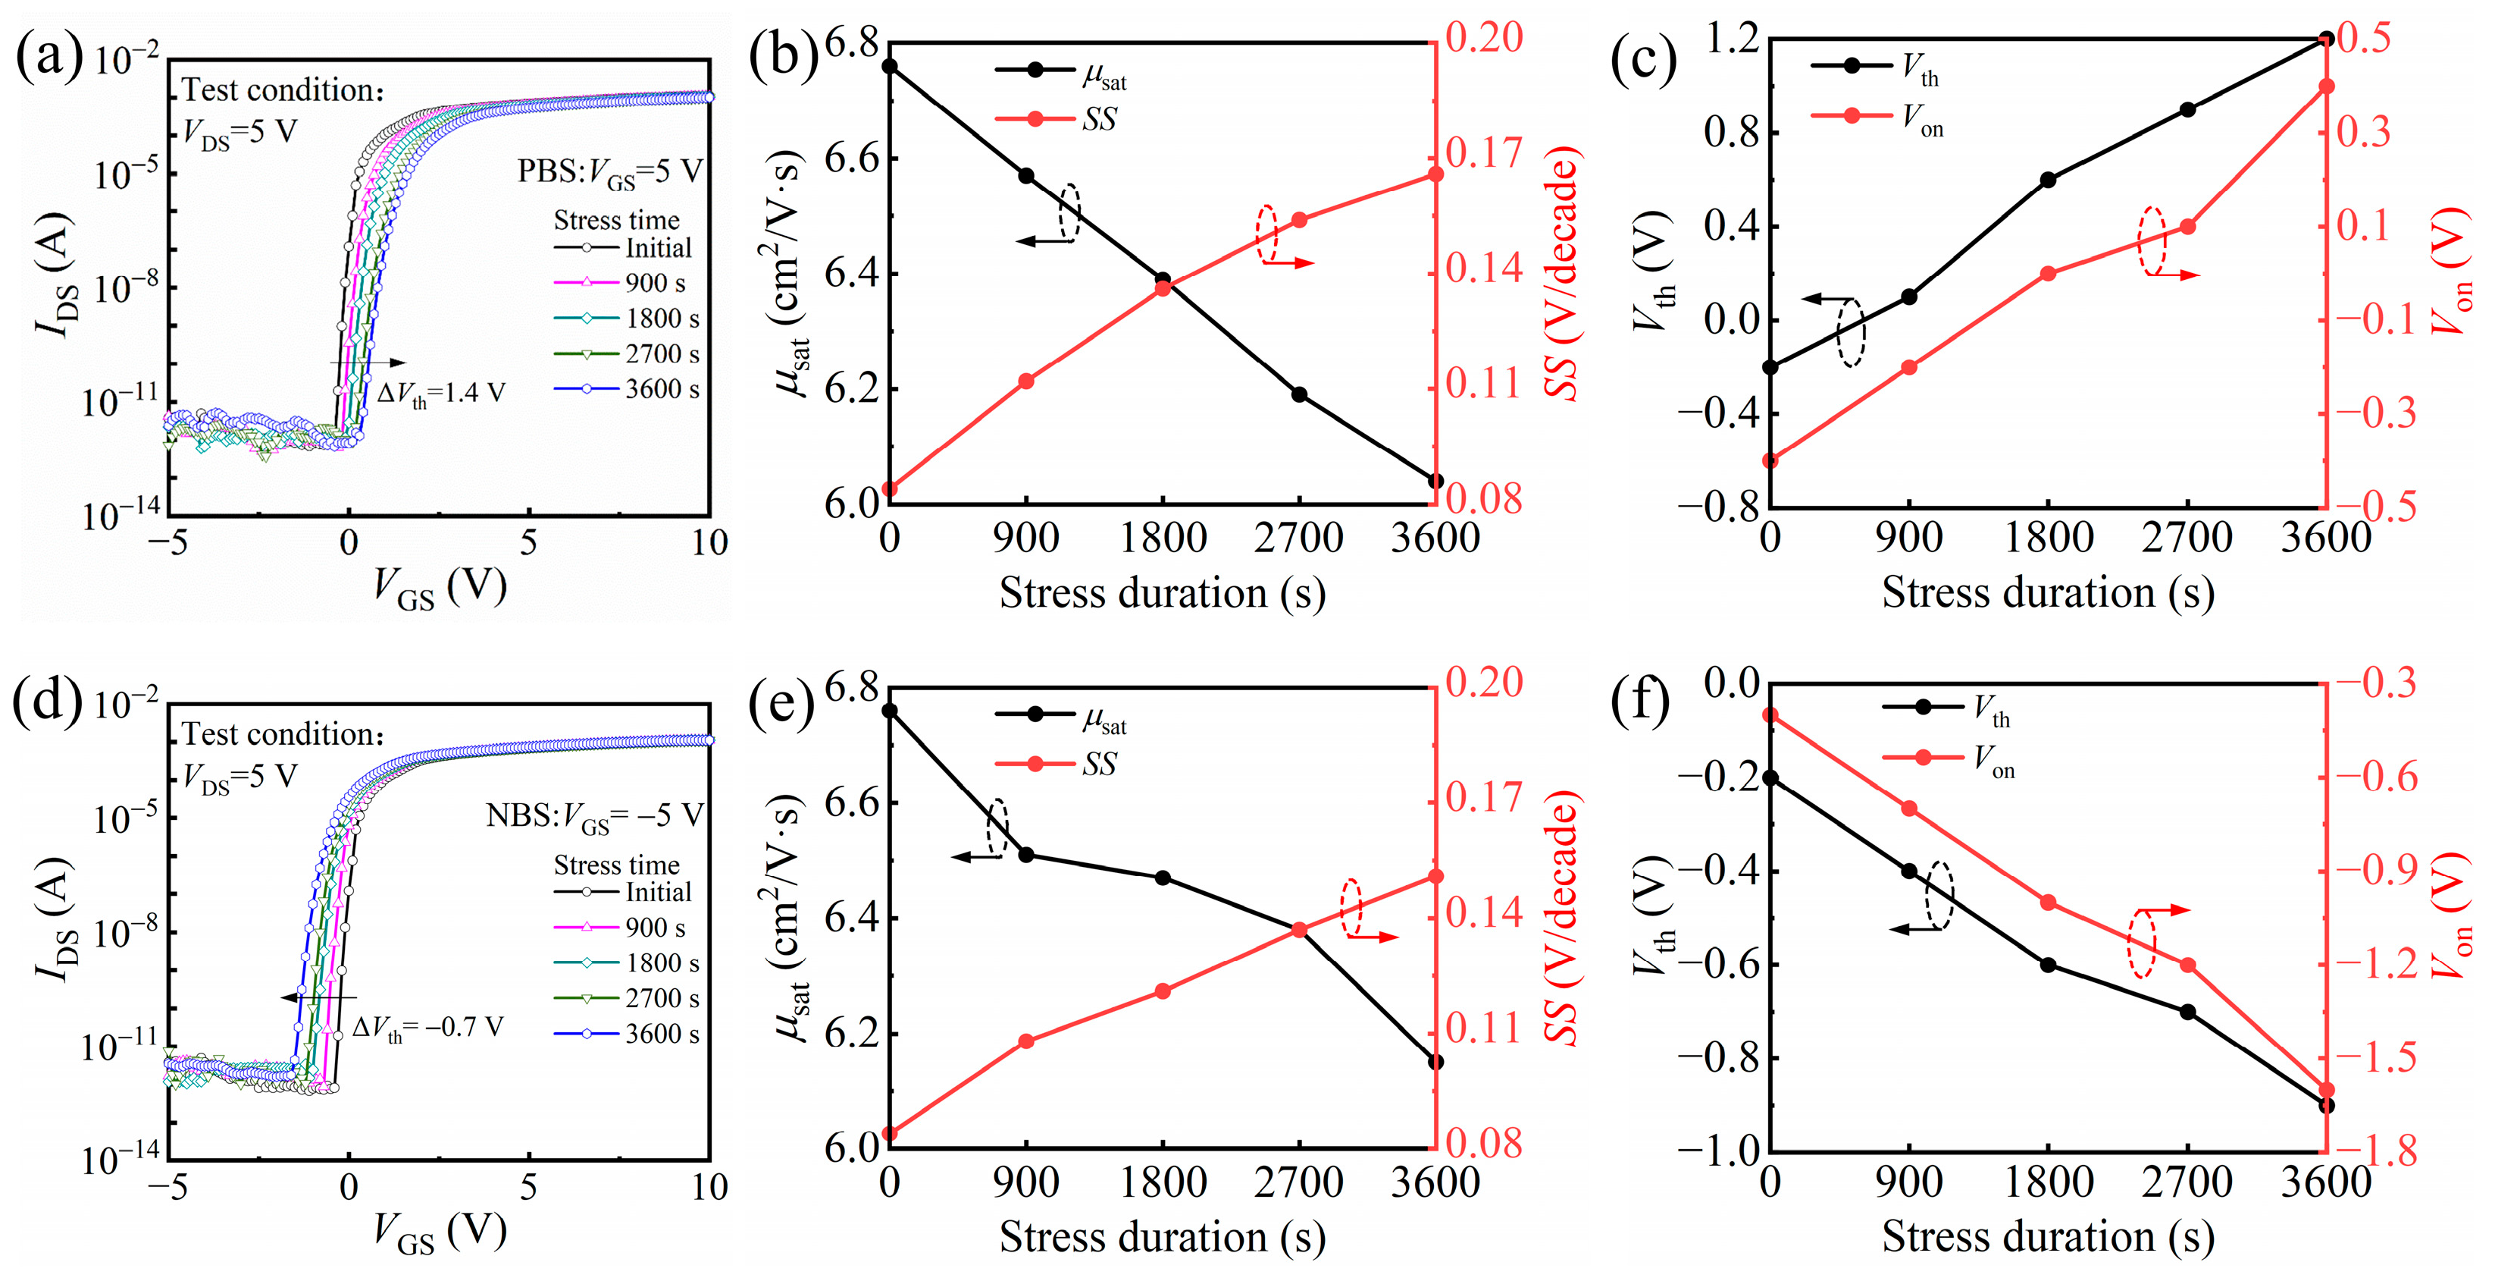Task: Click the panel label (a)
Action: pos(49,58)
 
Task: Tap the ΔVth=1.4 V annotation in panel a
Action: pos(440,392)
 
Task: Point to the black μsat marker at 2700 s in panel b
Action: pos(1299,394)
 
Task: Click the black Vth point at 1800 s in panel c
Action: pos(2049,179)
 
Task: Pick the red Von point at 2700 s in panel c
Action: pos(2187,227)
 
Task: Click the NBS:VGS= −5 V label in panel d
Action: pos(593,816)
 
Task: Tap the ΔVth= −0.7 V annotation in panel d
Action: pos(427,1027)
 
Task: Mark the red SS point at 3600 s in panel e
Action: pos(1435,877)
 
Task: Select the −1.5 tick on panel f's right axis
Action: pos(2375,1057)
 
